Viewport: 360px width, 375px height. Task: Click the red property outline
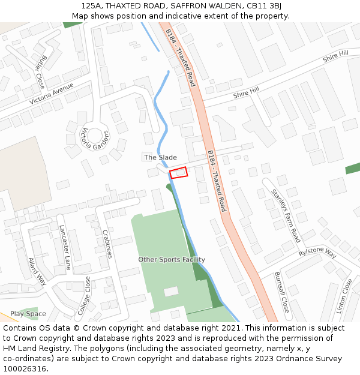pos(179,173)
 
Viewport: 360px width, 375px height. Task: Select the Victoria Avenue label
pos(51,94)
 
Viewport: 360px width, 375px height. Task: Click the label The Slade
pos(160,157)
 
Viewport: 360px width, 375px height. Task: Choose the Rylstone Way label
pos(317,252)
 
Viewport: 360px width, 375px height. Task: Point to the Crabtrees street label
pos(107,244)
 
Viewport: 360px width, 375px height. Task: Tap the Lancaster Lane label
pos(65,247)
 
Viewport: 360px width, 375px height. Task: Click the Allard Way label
pos(37,271)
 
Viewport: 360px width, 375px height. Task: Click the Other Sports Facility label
pos(172,260)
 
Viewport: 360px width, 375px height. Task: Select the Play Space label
pos(28,314)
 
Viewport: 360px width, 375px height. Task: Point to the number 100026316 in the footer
pos(24,368)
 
